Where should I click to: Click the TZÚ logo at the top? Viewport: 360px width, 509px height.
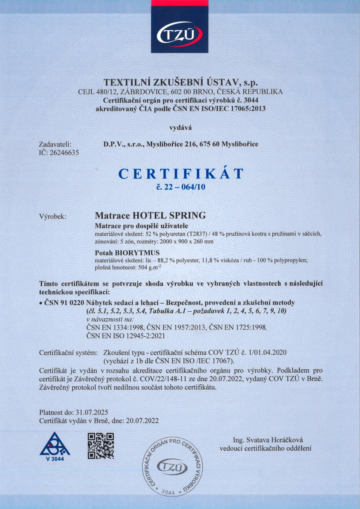(179, 36)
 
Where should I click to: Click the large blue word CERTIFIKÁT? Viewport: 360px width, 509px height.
(181, 174)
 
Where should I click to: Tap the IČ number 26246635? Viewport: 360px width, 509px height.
(64, 153)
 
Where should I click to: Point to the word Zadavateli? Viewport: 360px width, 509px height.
(55, 144)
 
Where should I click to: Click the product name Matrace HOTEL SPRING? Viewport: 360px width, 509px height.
(150, 215)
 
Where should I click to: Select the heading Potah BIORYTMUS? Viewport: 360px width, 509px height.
(127, 252)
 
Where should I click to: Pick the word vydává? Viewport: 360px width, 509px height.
(181, 127)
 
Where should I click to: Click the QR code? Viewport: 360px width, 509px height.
(101, 446)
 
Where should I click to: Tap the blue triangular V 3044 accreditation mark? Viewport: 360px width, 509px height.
(55, 446)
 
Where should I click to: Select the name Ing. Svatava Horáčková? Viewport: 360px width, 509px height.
(268, 440)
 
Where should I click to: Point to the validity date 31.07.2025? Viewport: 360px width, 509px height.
(92, 412)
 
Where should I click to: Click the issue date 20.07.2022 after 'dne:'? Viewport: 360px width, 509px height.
(142, 421)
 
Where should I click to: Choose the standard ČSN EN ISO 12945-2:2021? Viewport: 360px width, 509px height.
(126, 336)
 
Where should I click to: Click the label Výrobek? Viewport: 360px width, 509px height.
(53, 216)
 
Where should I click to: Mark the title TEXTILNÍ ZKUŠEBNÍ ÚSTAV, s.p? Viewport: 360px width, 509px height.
(181, 82)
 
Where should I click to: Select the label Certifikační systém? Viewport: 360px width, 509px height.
(68, 353)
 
